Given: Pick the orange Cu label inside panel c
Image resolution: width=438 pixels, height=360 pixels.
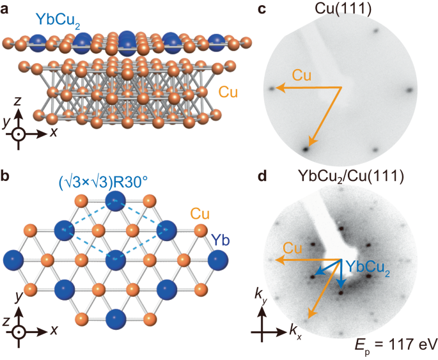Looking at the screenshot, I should click(302, 75).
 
